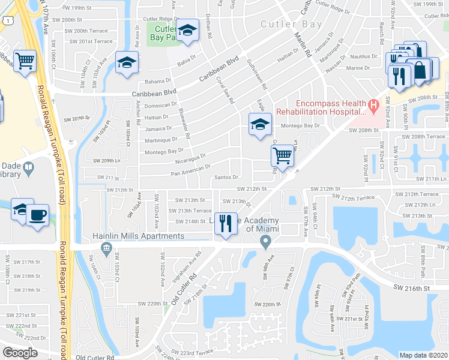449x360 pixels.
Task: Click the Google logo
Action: (x=20, y=353)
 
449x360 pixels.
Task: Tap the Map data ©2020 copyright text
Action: (x=423, y=355)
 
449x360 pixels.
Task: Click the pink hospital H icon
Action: (x=373, y=107)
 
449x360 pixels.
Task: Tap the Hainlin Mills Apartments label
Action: (x=139, y=236)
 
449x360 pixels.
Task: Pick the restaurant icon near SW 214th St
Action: (x=226, y=223)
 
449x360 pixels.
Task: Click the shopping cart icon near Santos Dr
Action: (x=282, y=155)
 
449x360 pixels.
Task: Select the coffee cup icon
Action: (x=37, y=215)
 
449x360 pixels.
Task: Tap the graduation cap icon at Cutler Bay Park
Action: (x=188, y=31)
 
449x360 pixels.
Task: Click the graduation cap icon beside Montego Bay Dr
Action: (x=259, y=124)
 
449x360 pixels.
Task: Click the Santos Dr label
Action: (x=227, y=178)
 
